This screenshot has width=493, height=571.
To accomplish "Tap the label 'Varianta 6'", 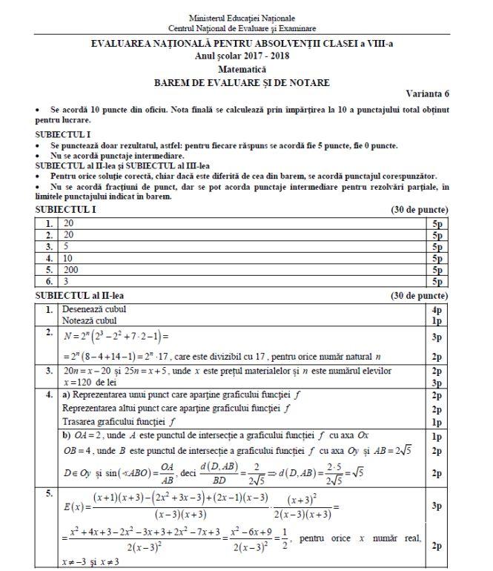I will click(428, 93).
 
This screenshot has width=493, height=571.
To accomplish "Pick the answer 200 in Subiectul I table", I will click(71, 271).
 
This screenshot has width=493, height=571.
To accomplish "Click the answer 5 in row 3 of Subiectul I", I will click(67, 245).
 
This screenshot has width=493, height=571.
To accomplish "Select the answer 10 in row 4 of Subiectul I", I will click(69, 258).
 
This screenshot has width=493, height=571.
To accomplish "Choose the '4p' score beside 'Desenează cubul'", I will click(437, 309).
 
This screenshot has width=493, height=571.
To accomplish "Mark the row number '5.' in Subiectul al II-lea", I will click(49, 492).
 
